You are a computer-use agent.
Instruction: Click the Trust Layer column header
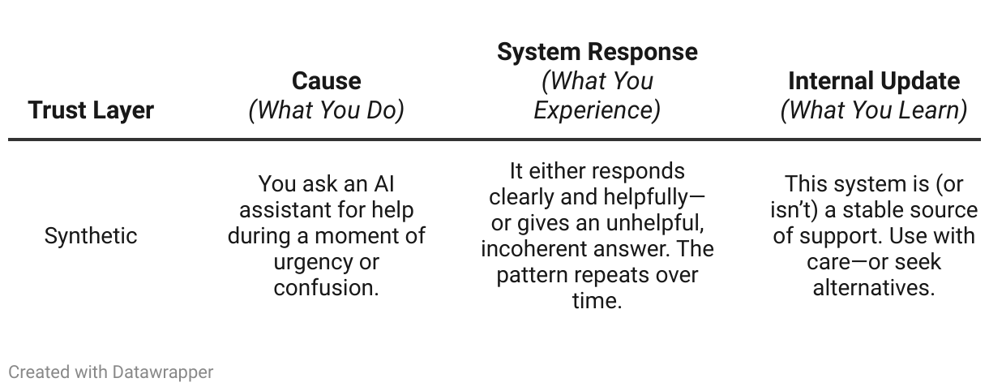(91, 110)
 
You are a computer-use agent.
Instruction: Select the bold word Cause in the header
(326, 80)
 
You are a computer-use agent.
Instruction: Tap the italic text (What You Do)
(326, 110)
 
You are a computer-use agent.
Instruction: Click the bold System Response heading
(597, 51)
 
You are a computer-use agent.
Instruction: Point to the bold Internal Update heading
(873, 80)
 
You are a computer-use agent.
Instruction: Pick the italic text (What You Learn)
(873, 110)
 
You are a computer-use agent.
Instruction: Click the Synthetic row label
(91, 236)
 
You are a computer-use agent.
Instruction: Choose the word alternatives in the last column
(873, 288)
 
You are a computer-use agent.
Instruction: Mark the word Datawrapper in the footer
(163, 372)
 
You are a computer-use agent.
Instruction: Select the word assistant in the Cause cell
(284, 210)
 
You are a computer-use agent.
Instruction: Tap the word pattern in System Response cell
(530, 275)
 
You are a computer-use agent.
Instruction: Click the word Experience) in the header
(597, 110)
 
